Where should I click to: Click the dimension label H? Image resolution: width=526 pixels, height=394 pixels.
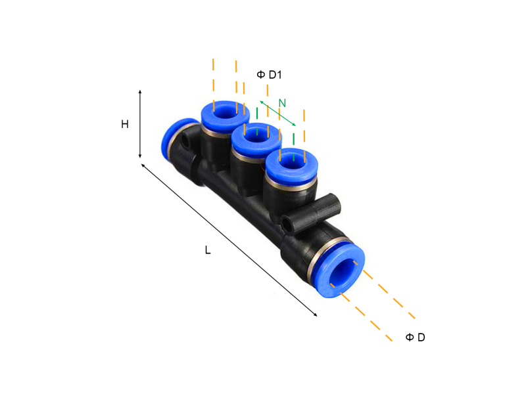pos(124,124)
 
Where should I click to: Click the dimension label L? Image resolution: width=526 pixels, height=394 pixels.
pos(208,250)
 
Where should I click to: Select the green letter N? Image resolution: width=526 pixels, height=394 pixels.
pos(282,103)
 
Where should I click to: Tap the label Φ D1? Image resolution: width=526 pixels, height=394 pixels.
pos(269,75)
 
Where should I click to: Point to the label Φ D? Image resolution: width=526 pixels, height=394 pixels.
pos(415,338)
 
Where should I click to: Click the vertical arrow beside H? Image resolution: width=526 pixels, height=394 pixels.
pos(140,124)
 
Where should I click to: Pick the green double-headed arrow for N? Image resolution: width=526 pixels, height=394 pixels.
pos(277,113)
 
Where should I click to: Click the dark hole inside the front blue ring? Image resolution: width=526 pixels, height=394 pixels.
pos(343,270)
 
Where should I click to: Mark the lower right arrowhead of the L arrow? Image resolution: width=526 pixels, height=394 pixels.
pos(316,315)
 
